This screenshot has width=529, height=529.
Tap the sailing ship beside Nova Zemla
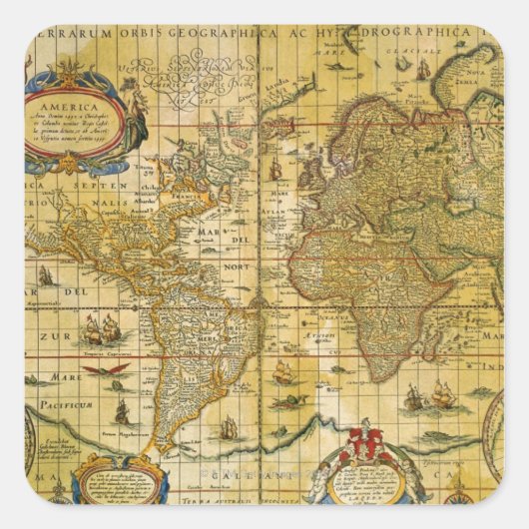(x=423, y=69)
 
